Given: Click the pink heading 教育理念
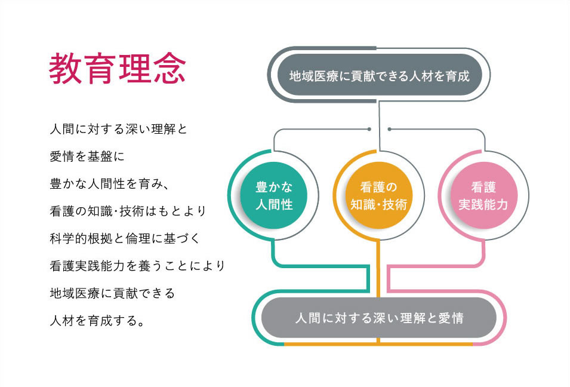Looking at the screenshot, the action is (x=118, y=68).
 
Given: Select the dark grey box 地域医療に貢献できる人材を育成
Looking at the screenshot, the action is (x=379, y=75).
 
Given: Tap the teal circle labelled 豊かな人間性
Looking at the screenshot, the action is (x=274, y=196).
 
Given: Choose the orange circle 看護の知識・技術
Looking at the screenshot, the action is (x=378, y=196).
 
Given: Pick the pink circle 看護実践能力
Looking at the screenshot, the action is (x=483, y=196).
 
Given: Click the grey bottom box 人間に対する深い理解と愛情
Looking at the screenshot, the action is (x=379, y=318).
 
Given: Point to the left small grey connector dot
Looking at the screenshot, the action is (x=369, y=129).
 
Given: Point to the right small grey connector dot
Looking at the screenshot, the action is (x=389, y=129).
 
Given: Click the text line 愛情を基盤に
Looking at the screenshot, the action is (x=87, y=156).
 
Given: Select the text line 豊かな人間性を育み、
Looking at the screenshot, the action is (x=109, y=184).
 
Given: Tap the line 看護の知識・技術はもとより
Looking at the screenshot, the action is (x=128, y=211).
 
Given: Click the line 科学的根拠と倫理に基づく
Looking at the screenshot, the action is (x=125, y=239).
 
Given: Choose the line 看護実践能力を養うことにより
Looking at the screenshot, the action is (x=137, y=266).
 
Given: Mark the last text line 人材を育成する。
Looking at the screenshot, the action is (x=97, y=321).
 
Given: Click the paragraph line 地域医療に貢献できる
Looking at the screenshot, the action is (x=112, y=293).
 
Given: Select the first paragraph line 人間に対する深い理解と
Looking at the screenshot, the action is (x=118, y=129).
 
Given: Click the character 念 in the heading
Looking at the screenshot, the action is (x=170, y=68).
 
